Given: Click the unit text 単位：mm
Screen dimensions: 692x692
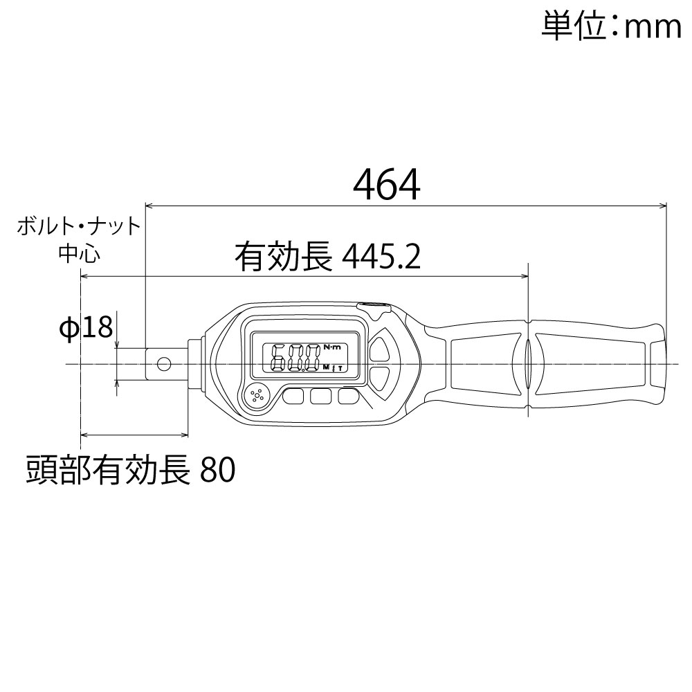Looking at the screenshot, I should point(611,27).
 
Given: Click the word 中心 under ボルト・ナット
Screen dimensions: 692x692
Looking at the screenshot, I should point(79,253).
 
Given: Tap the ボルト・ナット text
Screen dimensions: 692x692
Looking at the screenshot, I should point(79,226).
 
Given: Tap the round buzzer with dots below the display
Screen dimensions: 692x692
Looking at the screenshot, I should point(257,396).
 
